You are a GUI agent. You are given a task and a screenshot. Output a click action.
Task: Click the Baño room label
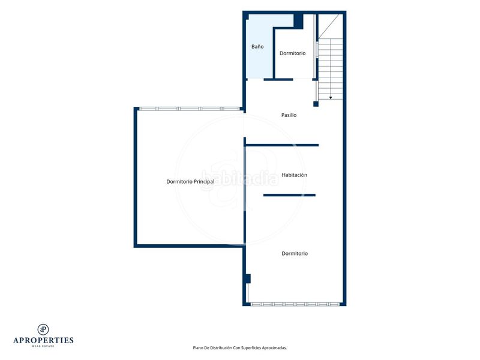(257, 47)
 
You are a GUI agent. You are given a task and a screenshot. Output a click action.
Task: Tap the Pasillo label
(289, 115)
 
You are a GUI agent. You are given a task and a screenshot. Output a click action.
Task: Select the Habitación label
(294, 175)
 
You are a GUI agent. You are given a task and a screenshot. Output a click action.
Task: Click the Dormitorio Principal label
(190, 182)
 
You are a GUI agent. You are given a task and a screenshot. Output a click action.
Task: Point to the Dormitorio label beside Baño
(292, 53)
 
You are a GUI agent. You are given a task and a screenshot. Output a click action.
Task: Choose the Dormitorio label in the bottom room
(295, 253)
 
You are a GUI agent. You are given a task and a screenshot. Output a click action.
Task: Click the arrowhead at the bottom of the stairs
(331, 98)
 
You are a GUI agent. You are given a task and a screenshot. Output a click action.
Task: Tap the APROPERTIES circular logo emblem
(43, 329)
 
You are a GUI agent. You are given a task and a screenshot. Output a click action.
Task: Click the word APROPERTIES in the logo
(43, 340)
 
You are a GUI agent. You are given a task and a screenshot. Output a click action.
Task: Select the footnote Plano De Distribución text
(239, 348)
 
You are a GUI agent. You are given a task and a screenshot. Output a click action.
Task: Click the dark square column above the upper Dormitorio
(298, 21)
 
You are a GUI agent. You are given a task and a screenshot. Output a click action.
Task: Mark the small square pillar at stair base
(316, 104)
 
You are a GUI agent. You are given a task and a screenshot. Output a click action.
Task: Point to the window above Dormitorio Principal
(190, 109)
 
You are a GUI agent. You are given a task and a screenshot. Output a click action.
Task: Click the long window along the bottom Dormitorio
(295, 304)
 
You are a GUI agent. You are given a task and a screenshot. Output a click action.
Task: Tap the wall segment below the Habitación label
(289, 195)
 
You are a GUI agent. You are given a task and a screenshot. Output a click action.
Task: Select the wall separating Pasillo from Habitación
(282, 145)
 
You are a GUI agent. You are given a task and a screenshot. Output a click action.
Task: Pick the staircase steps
(331, 68)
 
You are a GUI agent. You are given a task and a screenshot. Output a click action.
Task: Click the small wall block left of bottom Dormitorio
(248, 278)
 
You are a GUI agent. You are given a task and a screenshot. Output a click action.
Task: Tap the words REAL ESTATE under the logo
(43, 346)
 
